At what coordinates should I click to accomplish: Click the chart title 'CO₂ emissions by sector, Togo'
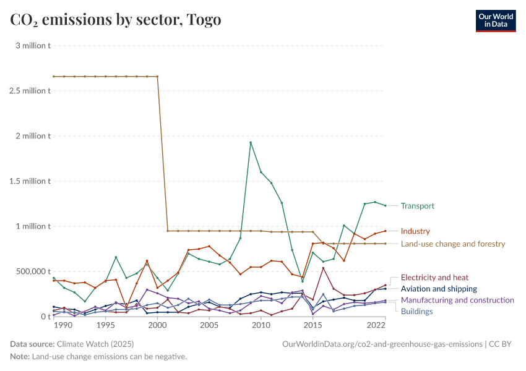coord(116,20)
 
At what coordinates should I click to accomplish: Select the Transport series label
coord(417,206)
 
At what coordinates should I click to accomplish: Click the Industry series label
coord(415,231)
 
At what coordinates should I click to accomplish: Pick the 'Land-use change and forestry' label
coord(453,244)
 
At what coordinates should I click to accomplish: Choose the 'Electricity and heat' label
coord(434,278)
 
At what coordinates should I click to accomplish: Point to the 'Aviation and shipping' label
coord(439,289)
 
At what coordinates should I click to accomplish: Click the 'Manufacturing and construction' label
coord(457,300)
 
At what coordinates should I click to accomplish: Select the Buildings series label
coord(416,311)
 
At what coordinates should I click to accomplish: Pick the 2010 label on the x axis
coord(261,325)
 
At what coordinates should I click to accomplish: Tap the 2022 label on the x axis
coord(377,325)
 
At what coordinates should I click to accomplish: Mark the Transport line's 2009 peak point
coord(251,142)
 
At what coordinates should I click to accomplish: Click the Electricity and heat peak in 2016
coord(323,268)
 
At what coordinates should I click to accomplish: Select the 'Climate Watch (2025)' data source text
coord(95,344)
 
